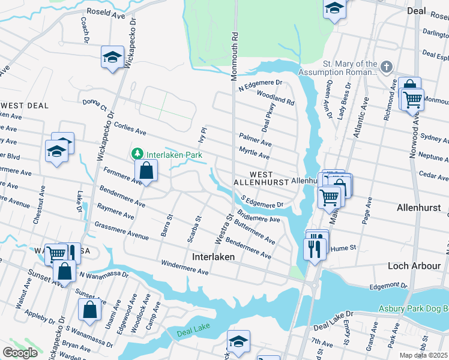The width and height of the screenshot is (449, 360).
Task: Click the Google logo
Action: pyautogui.click(x=20, y=352)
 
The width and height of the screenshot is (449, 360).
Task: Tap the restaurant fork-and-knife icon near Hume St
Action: pyautogui.click(x=315, y=248)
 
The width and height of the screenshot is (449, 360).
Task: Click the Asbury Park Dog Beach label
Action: pyautogui.click(x=413, y=308)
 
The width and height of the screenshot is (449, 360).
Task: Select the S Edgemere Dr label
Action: pyautogui.click(x=262, y=202)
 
